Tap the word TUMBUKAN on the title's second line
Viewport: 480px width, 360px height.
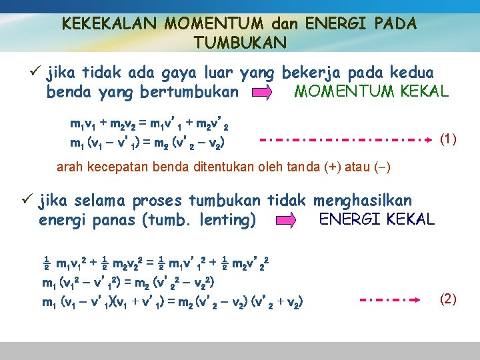(x=240, y=43)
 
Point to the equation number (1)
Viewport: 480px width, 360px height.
(x=448, y=139)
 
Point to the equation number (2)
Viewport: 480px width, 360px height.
(x=448, y=299)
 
